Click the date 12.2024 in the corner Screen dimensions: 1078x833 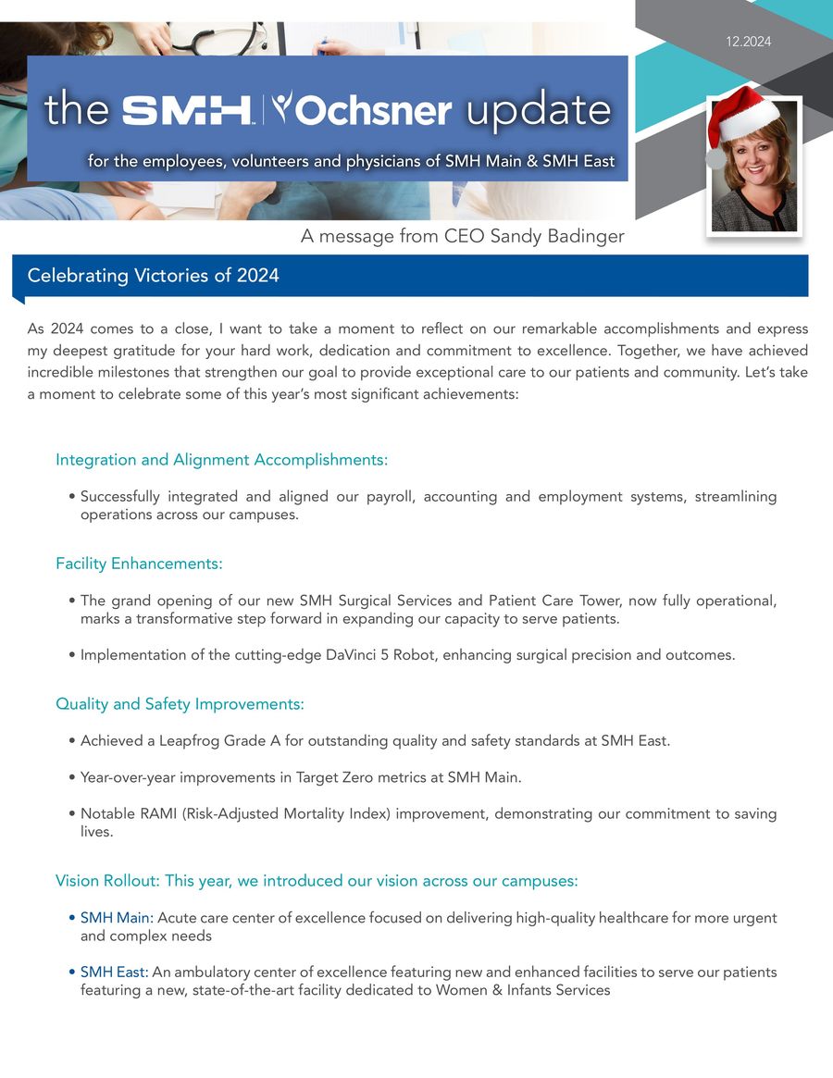[749, 42]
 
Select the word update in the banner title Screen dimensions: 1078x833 [538, 111]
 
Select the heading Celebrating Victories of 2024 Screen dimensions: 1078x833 [153, 276]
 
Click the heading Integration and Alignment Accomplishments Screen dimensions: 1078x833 [221, 460]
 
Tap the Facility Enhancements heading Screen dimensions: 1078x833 [139, 564]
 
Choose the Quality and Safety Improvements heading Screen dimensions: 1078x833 [180, 704]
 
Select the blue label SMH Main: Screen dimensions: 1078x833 [117, 918]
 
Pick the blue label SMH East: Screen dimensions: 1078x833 [114, 973]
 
